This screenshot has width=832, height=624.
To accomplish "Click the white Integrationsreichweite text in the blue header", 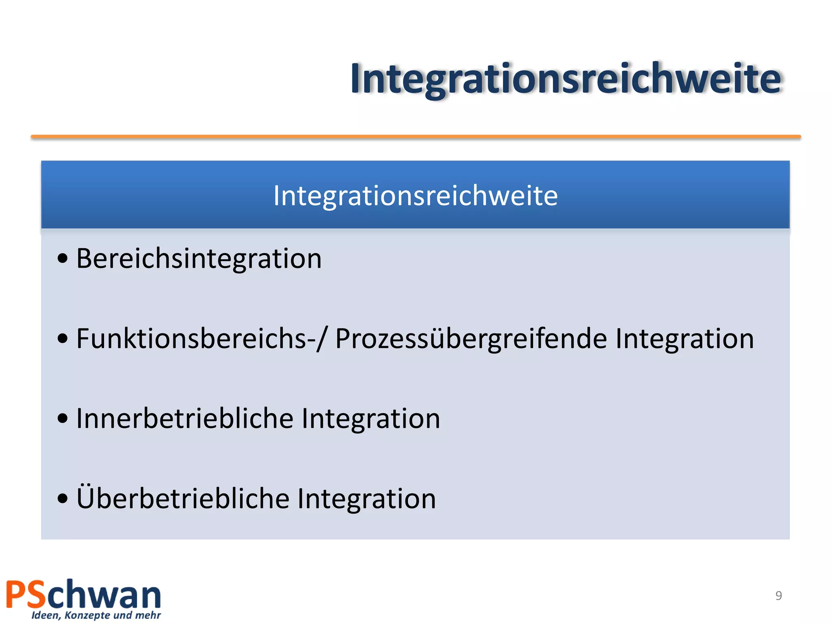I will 415,196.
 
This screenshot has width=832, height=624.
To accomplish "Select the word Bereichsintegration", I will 199,258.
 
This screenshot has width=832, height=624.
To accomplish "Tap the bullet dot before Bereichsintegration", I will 62,258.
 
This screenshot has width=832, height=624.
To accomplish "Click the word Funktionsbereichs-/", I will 201,338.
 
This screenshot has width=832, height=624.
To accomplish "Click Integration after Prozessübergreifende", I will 684,338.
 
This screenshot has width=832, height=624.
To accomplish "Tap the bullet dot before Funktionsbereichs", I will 62,338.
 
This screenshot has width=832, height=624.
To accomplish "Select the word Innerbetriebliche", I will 184,418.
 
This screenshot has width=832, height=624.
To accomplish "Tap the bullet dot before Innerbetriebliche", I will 62,418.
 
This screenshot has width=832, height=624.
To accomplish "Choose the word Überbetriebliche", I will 182,498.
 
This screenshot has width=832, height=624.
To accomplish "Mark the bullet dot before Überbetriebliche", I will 62,498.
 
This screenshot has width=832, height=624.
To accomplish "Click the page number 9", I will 778,596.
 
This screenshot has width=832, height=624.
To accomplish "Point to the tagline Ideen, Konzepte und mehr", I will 96,615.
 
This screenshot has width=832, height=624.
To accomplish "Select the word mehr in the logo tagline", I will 147,615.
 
